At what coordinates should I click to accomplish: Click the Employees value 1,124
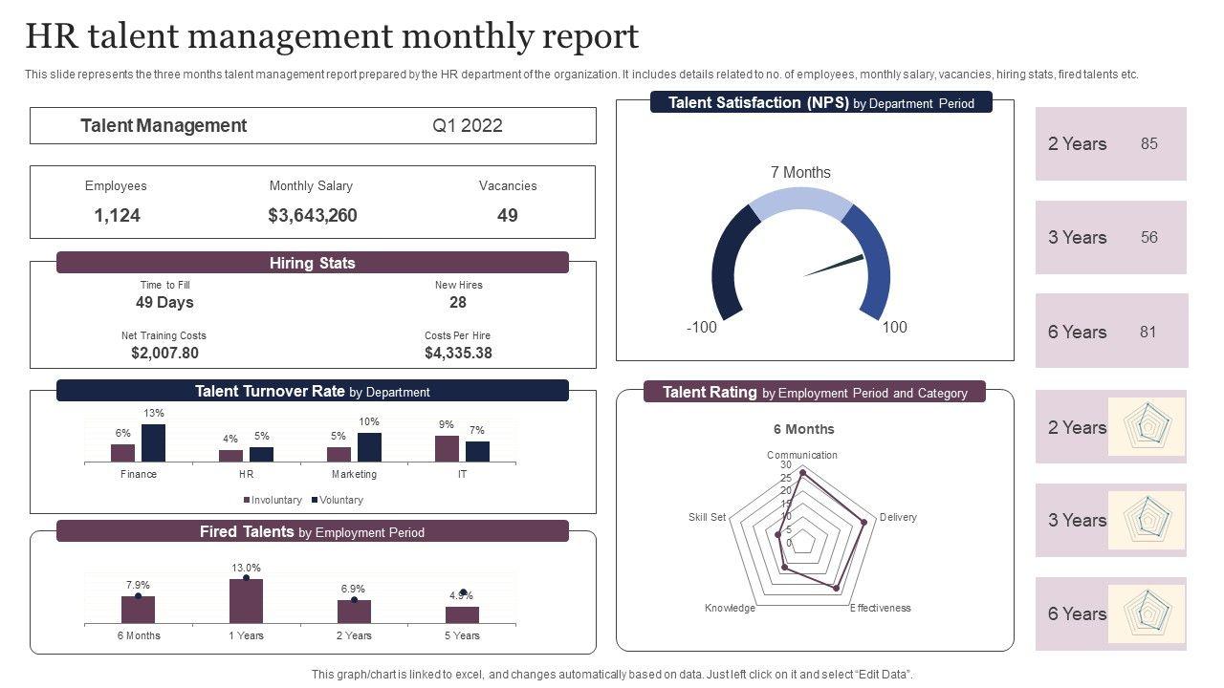(x=117, y=216)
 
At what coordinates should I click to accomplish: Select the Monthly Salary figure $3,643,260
(x=313, y=216)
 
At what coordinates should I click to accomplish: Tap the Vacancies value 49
(x=507, y=216)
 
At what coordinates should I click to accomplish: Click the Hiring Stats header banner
(x=312, y=263)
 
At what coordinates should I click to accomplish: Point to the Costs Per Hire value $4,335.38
(x=458, y=354)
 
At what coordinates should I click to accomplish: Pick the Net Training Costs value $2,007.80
(x=164, y=354)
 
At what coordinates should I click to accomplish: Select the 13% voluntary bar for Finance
(x=153, y=443)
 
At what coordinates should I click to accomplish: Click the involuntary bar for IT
(x=447, y=449)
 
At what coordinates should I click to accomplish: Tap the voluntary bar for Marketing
(x=369, y=447)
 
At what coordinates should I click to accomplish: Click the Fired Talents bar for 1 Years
(x=246, y=601)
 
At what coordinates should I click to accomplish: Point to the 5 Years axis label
(x=462, y=635)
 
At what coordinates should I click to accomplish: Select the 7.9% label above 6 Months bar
(x=138, y=585)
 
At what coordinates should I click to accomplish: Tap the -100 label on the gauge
(x=701, y=327)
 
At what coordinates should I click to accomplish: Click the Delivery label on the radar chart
(x=898, y=518)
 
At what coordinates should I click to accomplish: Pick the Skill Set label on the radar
(x=707, y=518)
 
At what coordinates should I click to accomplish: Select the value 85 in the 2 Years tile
(x=1148, y=143)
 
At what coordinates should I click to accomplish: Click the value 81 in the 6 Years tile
(x=1147, y=332)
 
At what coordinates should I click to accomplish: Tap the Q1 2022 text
(x=467, y=126)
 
